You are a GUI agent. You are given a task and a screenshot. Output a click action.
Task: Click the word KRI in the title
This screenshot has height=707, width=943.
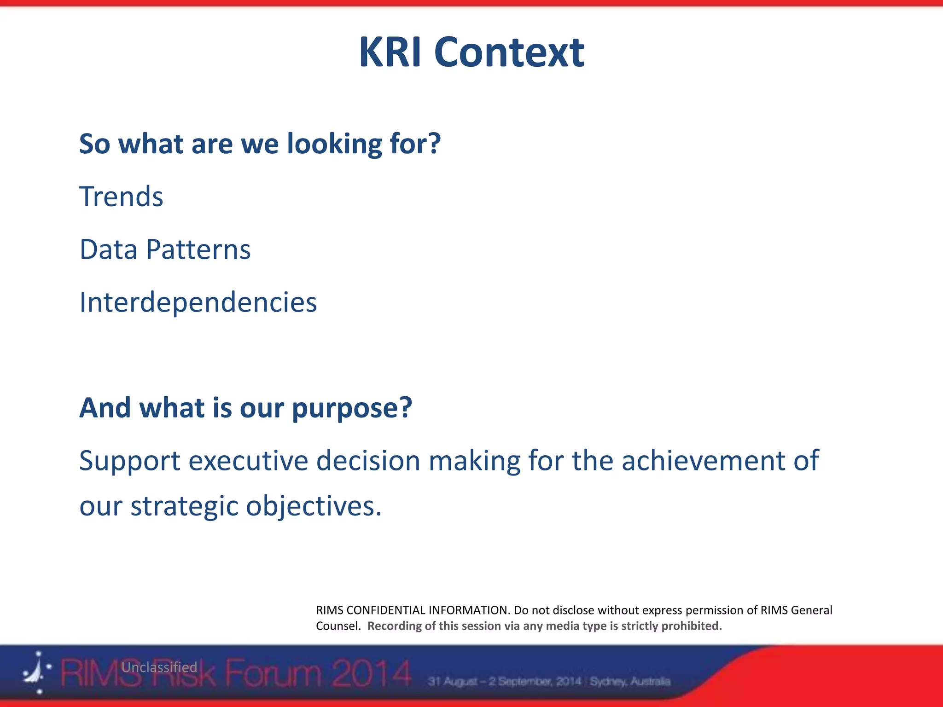click(390, 52)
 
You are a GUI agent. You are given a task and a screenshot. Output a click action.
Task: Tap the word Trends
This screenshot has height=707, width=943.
click(121, 197)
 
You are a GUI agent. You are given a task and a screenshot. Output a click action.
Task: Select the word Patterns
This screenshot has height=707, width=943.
click(198, 249)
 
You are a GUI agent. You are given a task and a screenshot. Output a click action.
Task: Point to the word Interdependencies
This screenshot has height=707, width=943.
click(198, 302)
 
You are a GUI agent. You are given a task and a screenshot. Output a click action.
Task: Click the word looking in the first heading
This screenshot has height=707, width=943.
click(334, 144)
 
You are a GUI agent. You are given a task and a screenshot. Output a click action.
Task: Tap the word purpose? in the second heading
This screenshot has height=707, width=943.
click(352, 408)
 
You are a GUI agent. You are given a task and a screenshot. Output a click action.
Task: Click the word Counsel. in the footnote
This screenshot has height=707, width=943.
click(338, 626)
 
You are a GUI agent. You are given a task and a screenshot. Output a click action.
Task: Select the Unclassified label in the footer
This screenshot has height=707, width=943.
click(159, 667)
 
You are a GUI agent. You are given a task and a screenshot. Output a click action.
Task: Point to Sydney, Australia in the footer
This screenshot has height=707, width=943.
click(630, 681)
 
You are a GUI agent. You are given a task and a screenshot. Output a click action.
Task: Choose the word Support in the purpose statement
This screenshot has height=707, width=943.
click(129, 461)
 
